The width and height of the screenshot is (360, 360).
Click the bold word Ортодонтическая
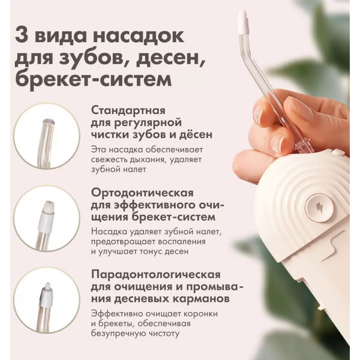(x=142, y=193)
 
